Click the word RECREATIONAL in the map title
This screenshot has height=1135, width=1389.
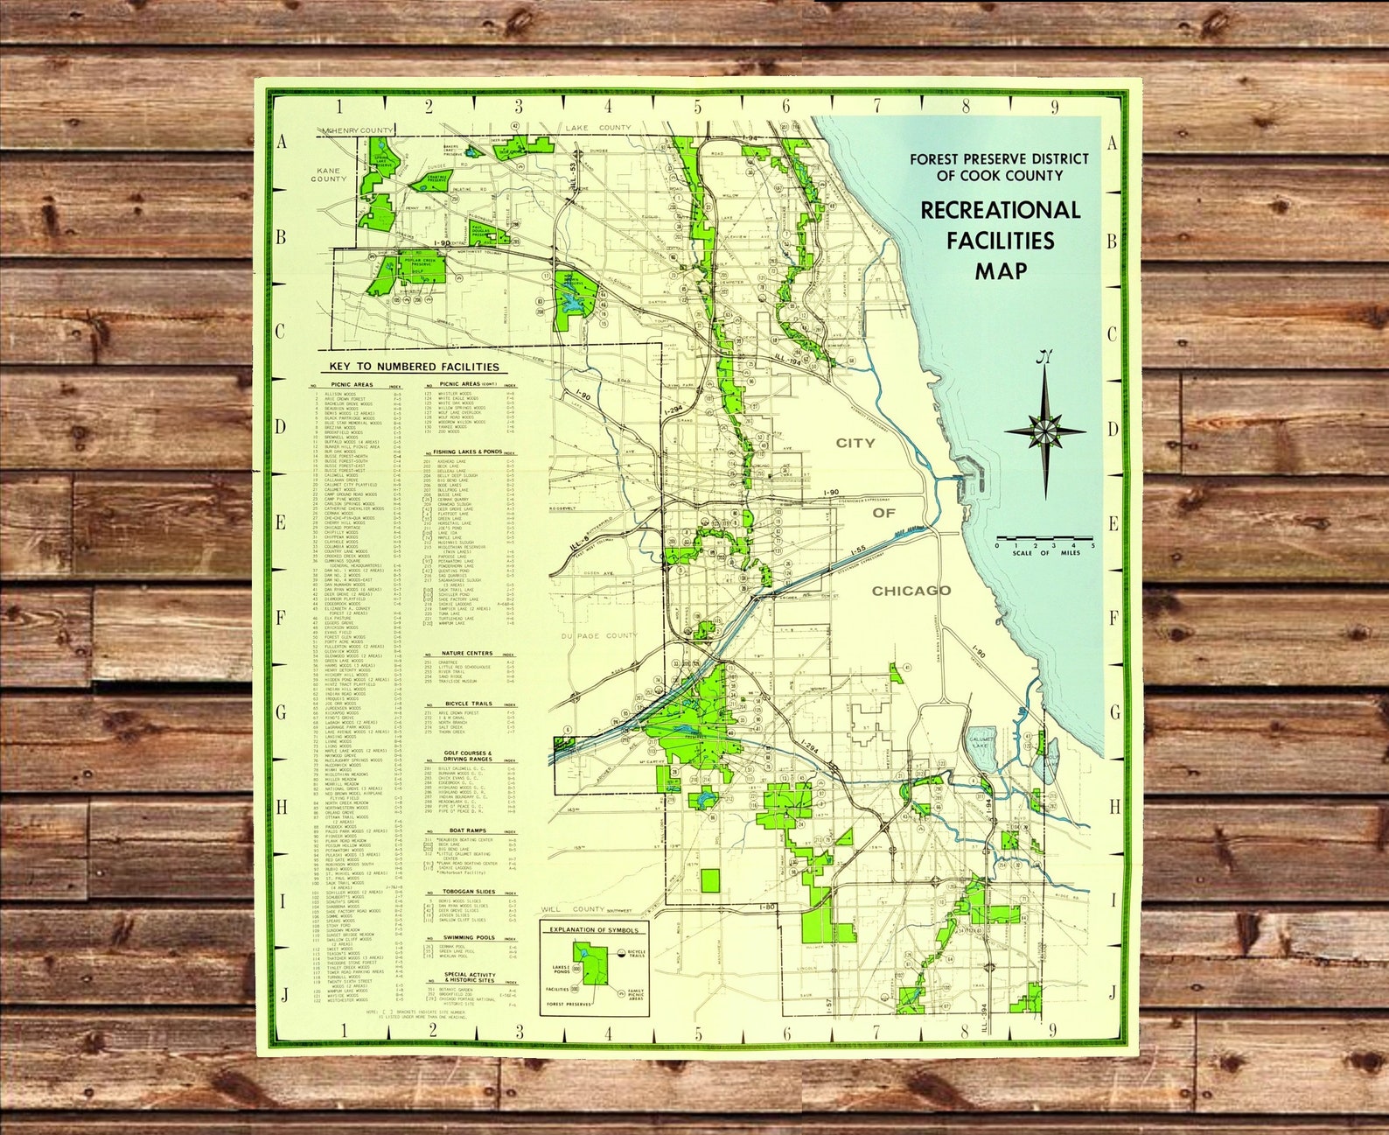click(1000, 210)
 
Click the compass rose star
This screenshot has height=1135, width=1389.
click(1044, 431)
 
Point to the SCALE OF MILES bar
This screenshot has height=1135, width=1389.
click(1045, 537)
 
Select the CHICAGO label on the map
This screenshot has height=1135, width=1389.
click(911, 591)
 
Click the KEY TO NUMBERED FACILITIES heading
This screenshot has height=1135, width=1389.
click(414, 367)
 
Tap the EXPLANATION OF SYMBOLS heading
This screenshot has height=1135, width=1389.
click(594, 930)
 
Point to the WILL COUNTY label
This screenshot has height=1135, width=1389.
click(574, 910)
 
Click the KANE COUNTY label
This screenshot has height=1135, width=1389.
click(329, 174)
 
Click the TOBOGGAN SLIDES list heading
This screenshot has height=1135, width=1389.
click(470, 892)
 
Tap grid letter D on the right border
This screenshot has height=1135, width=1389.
click(1113, 430)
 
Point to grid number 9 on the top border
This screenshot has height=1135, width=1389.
click(1056, 107)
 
